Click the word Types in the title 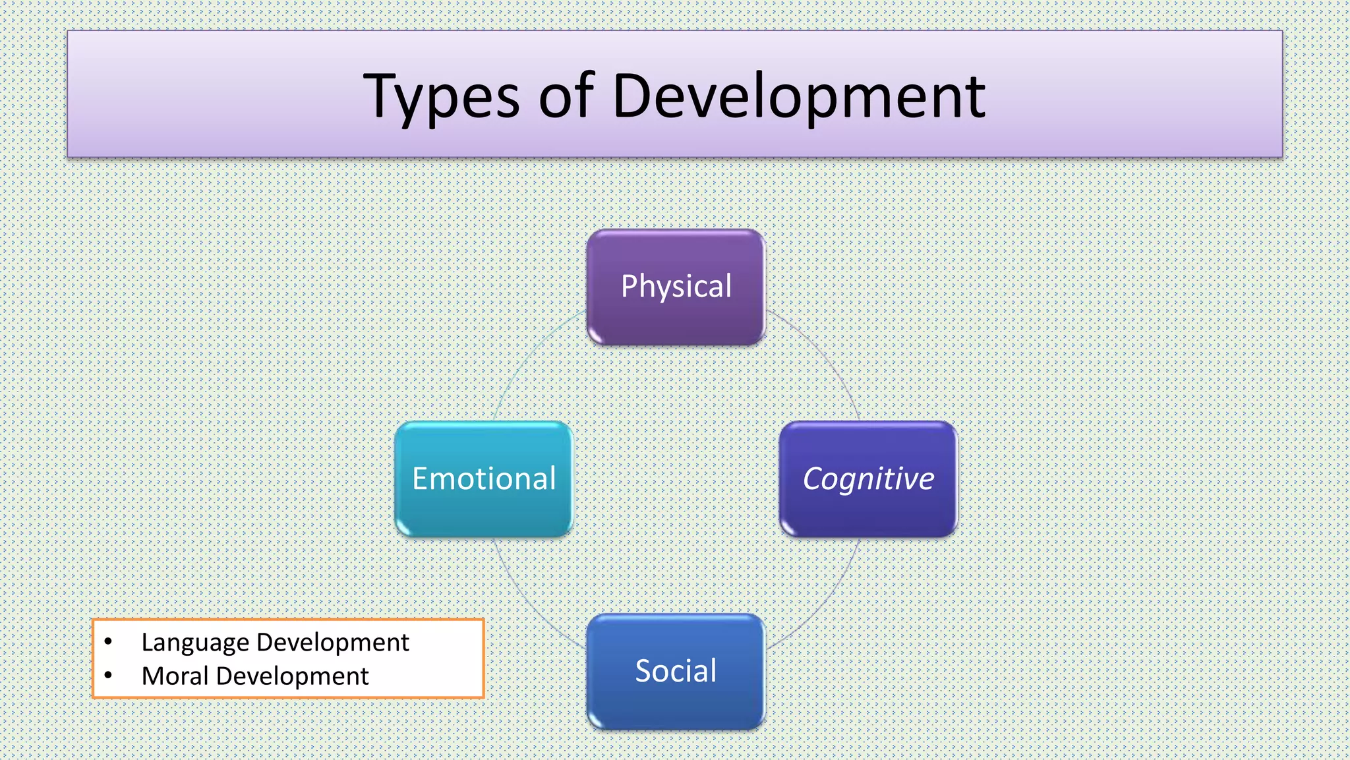tap(441, 98)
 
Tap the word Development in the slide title tap(798, 98)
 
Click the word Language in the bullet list tap(195, 643)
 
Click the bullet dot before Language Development tap(108, 641)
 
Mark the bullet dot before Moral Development tap(108, 675)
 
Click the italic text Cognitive tap(868, 479)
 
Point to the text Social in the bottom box tap(676, 671)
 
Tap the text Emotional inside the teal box tap(484, 479)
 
